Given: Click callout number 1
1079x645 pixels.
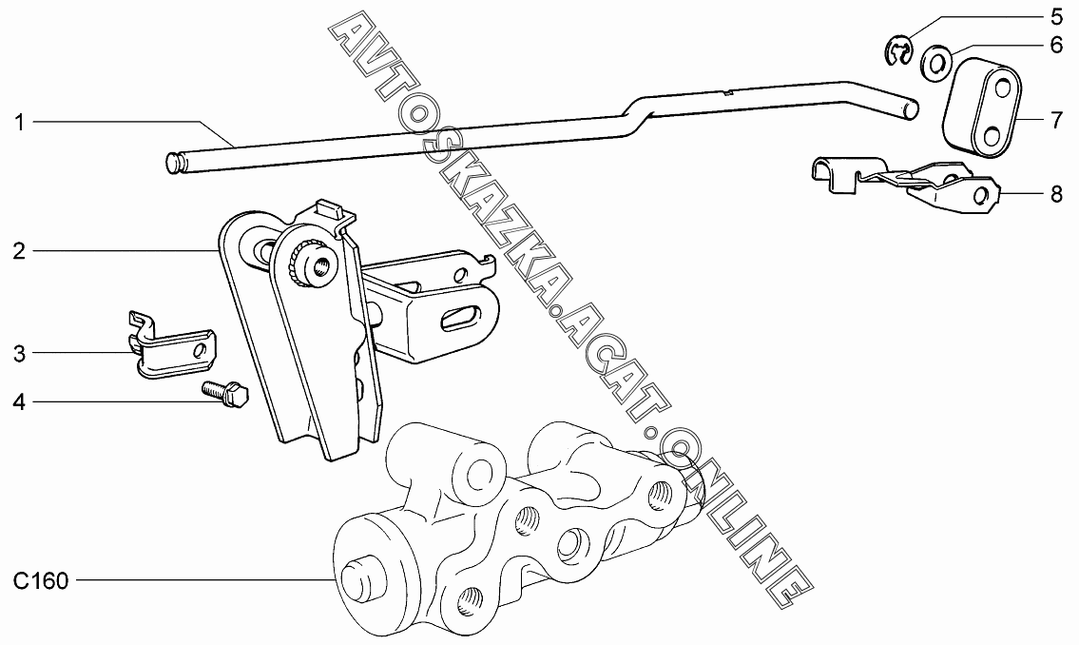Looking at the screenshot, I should tap(19, 122).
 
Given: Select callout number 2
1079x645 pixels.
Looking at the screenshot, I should tap(19, 251).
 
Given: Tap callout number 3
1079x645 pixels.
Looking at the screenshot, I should tap(19, 354).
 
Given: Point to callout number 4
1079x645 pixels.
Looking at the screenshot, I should tap(19, 403).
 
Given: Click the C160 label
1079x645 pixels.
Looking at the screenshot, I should tap(41, 580).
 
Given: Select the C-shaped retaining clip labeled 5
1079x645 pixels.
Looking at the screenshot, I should tap(897, 51).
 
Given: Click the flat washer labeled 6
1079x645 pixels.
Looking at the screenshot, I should tap(935, 64).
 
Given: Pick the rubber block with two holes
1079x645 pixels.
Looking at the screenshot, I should tap(980, 106).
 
